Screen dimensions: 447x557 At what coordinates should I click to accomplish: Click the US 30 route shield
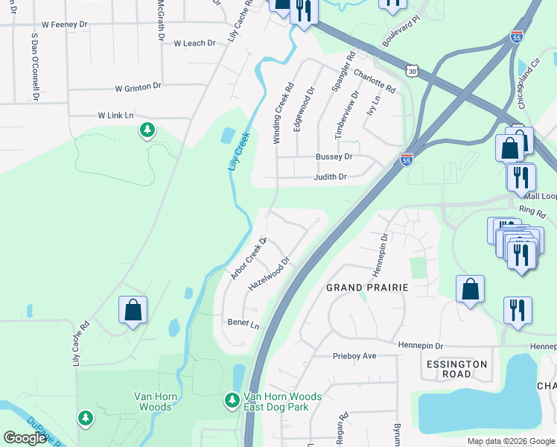click(x=413, y=70)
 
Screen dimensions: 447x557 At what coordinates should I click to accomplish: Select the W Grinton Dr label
click(x=138, y=87)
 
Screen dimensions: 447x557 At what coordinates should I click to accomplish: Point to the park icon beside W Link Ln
click(x=147, y=130)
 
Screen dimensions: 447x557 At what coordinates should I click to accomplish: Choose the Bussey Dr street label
click(x=333, y=157)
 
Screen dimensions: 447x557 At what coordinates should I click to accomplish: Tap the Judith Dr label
click(x=330, y=177)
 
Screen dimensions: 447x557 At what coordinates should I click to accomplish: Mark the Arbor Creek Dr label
click(x=248, y=259)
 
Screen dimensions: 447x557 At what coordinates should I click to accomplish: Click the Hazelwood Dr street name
click(x=268, y=276)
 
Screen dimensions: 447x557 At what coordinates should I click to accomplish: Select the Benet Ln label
click(x=244, y=325)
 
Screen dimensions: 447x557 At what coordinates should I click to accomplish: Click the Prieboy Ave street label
click(x=354, y=356)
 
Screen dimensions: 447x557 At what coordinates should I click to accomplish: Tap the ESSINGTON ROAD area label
click(x=456, y=369)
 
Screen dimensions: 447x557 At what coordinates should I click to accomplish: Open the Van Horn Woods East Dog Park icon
click(x=232, y=401)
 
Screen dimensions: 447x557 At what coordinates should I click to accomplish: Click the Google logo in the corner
click(x=25, y=438)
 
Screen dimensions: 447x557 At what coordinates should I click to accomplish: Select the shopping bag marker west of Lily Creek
click(x=133, y=311)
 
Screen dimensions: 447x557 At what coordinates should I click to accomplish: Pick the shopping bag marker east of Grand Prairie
click(x=470, y=290)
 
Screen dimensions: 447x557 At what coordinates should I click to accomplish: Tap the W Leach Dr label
click(x=194, y=43)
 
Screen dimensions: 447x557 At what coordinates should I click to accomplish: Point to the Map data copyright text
click(x=510, y=441)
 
